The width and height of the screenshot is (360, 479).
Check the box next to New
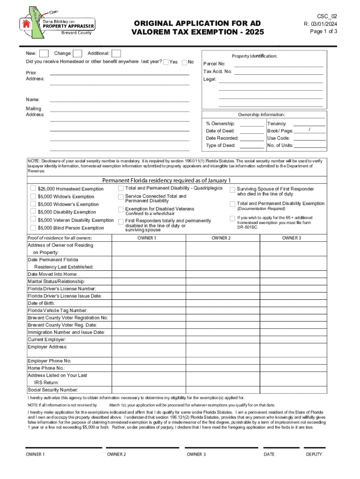point(44,54)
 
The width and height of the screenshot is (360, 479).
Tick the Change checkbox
point(78,54)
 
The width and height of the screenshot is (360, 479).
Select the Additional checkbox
point(116,54)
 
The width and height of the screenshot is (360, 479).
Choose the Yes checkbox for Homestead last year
point(166,62)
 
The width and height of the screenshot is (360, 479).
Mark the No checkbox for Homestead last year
point(184,62)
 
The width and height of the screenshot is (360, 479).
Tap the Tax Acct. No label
point(217,72)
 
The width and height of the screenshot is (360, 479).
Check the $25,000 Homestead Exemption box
point(33,188)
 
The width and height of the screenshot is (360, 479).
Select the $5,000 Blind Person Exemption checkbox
point(33,228)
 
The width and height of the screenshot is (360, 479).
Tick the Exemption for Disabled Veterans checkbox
point(121,209)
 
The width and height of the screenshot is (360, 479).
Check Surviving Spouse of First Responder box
point(232,190)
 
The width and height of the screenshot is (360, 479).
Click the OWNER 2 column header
point(221,238)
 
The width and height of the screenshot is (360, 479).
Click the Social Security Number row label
point(53,390)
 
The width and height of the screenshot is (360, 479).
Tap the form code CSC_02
point(327,16)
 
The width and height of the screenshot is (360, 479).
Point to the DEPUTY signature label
point(314,454)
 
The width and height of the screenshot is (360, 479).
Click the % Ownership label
point(220,123)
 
